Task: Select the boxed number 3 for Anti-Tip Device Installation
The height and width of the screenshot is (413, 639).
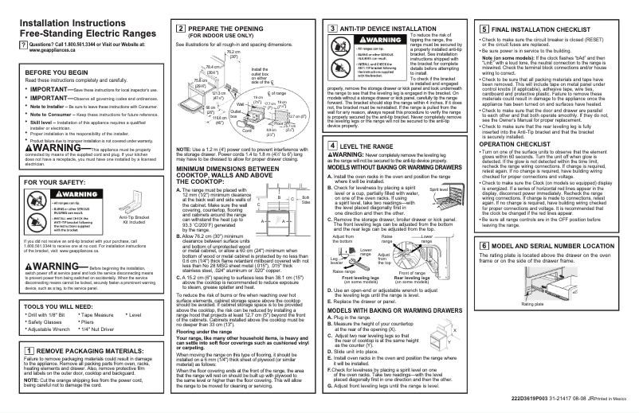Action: click(x=331, y=29)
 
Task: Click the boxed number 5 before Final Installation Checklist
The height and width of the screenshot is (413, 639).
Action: click(x=484, y=29)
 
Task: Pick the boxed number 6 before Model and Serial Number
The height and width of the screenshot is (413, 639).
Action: click(x=484, y=225)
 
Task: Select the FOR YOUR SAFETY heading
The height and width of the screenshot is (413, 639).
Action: click(x=37, y=182)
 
